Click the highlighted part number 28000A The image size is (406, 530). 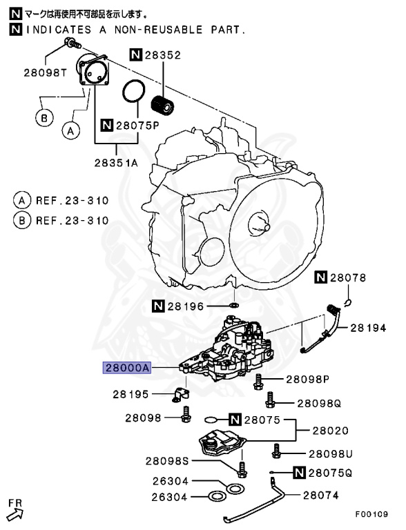click(x=126, y=369)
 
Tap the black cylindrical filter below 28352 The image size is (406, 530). click(x=163, y=106)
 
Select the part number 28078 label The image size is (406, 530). click(x=347, y=278)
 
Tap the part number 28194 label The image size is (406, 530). click(x=368, y=328)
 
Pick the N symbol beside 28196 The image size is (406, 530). click(x=157, y=304)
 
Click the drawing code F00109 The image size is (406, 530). click(x=371, y=514)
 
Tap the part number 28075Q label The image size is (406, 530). click(x=330, y=473)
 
